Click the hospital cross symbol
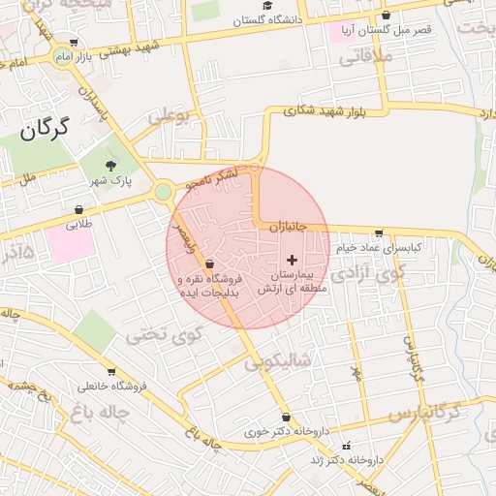pos(292,260)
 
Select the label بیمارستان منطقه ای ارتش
pos(293,282)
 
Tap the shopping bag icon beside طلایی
pos(79,209)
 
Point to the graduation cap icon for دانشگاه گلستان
pos(238,18)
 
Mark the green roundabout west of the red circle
pos(163,192)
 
